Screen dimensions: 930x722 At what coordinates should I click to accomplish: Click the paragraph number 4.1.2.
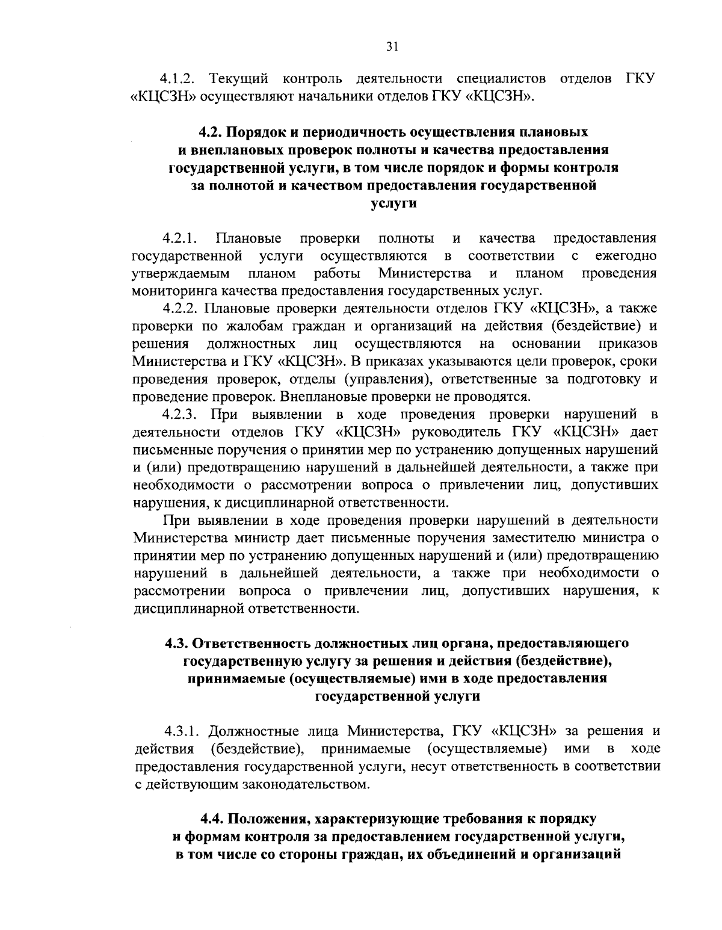tap(179, 79)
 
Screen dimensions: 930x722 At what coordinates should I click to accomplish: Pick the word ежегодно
tap(626, 256)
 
